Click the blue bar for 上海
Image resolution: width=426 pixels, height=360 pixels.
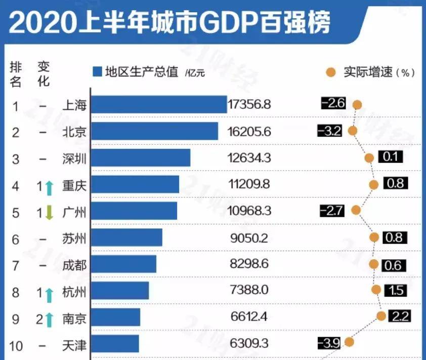coord(159,104)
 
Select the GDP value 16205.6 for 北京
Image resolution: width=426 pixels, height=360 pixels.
coord(249,132)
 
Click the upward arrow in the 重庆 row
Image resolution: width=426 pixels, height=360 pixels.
coord(49,187)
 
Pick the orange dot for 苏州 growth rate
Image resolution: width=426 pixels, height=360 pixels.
coord(374,237)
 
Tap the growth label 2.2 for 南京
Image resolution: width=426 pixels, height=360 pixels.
coord(399,317)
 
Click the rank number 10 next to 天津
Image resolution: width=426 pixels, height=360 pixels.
coord(16,346)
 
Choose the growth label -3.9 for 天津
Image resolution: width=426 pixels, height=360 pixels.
coord(329,343)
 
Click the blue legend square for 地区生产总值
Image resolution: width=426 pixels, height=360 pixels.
coord(98,71)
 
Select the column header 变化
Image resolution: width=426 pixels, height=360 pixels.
coord(44,74)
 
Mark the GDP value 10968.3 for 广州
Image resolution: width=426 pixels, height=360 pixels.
coord(249,211)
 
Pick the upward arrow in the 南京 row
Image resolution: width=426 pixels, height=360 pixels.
coord(49,318)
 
